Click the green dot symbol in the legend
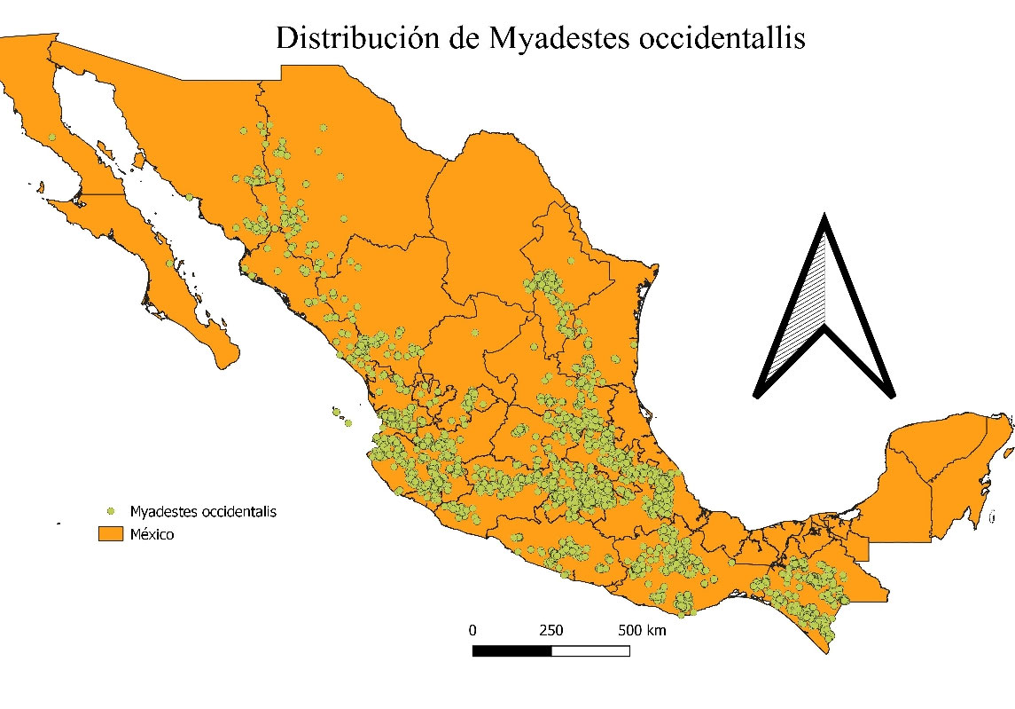tap(111, 512)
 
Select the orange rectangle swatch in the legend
tap(111, 535)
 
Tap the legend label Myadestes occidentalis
tap(203, 512)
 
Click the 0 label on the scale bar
tap(472, 631)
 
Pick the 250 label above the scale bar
tap(550, 631)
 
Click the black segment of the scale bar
tap(511, 650)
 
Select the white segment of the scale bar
tap(590, 650)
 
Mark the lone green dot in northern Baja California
tap(52, 138)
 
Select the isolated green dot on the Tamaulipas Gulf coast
tap(633, 343)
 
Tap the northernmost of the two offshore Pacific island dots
tap(336, 410)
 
